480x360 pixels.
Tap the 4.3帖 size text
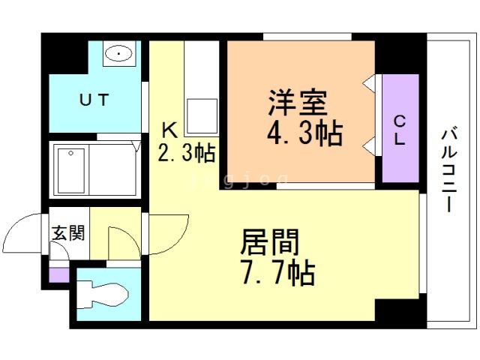pos(304,133)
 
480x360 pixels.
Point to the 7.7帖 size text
pos(277,272)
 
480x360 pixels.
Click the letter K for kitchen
pos(170,129)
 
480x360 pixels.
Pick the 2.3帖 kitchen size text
pos(186,154)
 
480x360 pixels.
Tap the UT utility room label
pos(95,99)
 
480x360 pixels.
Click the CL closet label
pos(400,128)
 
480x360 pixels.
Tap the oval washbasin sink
pos(118,53)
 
